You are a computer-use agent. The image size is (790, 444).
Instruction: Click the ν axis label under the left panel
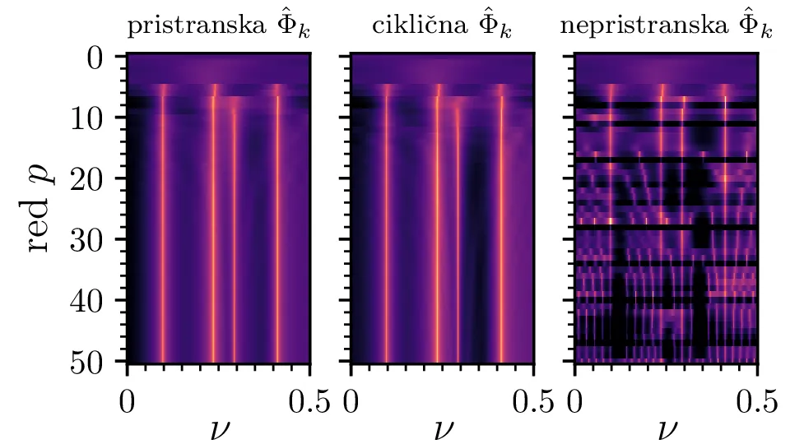click(x=219, y=428)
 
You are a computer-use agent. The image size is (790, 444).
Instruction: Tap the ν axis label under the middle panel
click(x=443, y=428)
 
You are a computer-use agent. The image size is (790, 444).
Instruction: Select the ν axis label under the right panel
click(x=667, y=428)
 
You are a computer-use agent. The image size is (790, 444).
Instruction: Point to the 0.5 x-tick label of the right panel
click(x=756, y=402)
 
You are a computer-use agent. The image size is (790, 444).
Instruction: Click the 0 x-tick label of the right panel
click(x=575, y=402)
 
